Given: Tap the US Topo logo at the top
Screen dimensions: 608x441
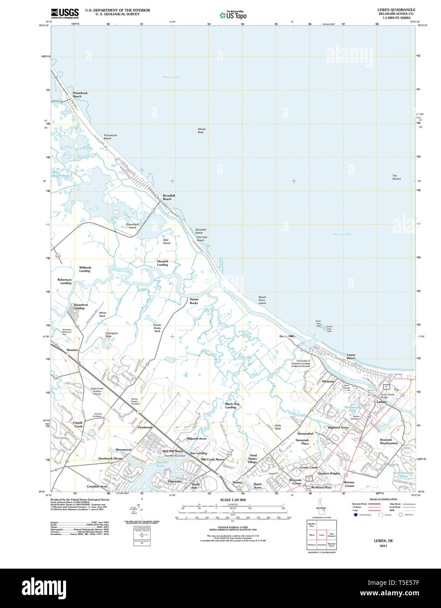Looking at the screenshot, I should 234,15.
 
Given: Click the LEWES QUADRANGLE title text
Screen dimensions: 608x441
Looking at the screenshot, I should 396,9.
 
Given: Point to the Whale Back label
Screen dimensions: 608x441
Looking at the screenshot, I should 201,131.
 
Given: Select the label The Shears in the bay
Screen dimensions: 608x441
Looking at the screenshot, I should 396,177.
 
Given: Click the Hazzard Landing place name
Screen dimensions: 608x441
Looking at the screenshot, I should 162,263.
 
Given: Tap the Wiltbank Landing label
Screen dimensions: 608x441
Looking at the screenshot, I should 85,269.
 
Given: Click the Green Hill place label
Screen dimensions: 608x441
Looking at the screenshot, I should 287,336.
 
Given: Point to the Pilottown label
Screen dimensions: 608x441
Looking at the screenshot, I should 328,381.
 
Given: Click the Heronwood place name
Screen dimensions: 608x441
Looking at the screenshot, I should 123,449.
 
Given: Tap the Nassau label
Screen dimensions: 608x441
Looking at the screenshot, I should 237,482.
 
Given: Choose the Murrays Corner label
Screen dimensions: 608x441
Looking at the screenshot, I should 349,484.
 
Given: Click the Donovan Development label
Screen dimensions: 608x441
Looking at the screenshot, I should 388,441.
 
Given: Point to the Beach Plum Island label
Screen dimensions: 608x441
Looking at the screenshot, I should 262,300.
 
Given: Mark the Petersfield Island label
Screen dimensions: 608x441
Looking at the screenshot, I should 132,226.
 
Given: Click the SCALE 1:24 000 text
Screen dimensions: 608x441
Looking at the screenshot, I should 233,500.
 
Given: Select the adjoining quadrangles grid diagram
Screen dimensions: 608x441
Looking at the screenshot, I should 322,534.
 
